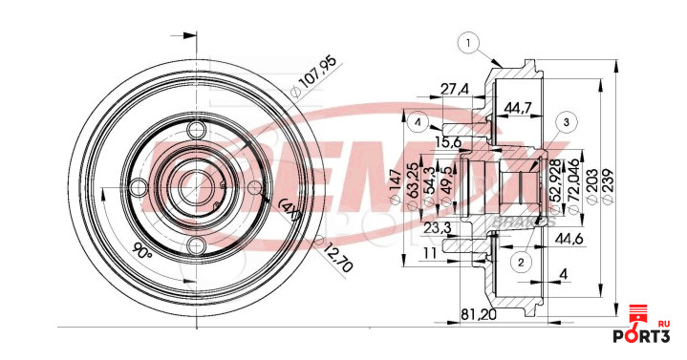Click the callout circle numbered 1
tap(468, 41)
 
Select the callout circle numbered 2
tap(521, 261)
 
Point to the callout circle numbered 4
tap(419, 121)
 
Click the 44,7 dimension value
tap(518, 108)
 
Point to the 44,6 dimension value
tap(569, 237)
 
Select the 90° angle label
tap(142, 253)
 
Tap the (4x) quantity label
tap(290, 211)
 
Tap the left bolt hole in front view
tap(138, 187)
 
